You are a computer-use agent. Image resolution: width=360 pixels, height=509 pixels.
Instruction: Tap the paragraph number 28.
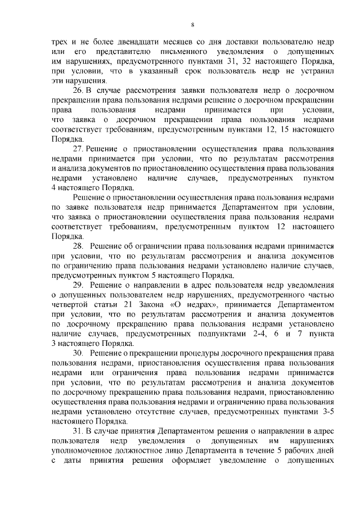pos(79,246)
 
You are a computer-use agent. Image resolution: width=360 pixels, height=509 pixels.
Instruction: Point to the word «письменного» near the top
pos(172,51)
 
